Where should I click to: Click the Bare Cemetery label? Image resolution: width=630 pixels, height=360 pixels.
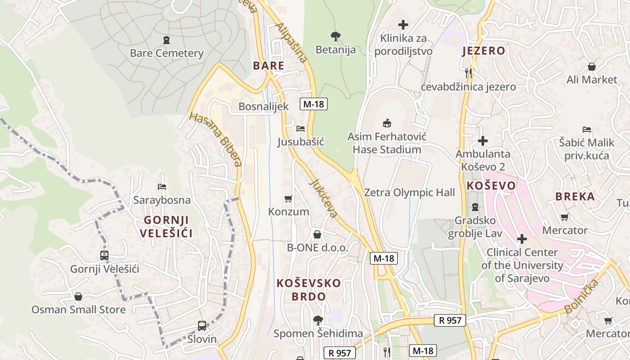click(x=166, y=53)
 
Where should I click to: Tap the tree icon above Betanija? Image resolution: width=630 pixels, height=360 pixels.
click(x=335, y=36)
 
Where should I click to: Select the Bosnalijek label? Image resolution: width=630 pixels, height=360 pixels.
click(x=263, y=107)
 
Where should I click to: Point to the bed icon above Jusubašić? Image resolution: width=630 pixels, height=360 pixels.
click(x=301, y=129)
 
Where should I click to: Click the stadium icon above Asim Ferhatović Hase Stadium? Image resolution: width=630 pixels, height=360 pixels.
click(x=387, y=123)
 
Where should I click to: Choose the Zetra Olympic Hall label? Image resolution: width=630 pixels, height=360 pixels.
click(x=409, y=193)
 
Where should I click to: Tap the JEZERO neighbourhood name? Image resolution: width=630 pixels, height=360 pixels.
click(x=484, y=51)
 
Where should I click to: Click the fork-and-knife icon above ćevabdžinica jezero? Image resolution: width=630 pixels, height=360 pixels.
click(x=468, y=72)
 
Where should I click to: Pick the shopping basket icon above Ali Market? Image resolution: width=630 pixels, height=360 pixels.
click(x=592, y=67)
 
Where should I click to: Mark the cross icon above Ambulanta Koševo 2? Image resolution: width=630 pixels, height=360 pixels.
click(x=483, y=141)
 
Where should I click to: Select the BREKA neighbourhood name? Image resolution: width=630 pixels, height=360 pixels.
click(x=575, y=196)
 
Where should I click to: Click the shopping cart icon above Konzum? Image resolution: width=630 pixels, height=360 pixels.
click(x=288, y=198)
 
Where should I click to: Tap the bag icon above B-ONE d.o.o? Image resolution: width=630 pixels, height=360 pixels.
click(x=317, y=234)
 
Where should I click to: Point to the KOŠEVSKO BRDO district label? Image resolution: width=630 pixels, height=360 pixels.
click(x=309, y=290)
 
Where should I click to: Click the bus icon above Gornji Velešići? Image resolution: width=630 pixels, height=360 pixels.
click(x=104, y=256)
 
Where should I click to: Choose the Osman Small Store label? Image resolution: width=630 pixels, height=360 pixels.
click(x=78, y=310)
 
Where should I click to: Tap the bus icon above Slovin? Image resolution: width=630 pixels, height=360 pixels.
click(x=202, y=325)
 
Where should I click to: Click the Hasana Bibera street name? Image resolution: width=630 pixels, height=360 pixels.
click(x=216, y=139)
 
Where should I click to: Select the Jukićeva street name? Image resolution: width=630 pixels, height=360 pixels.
click(x=324, y=198)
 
